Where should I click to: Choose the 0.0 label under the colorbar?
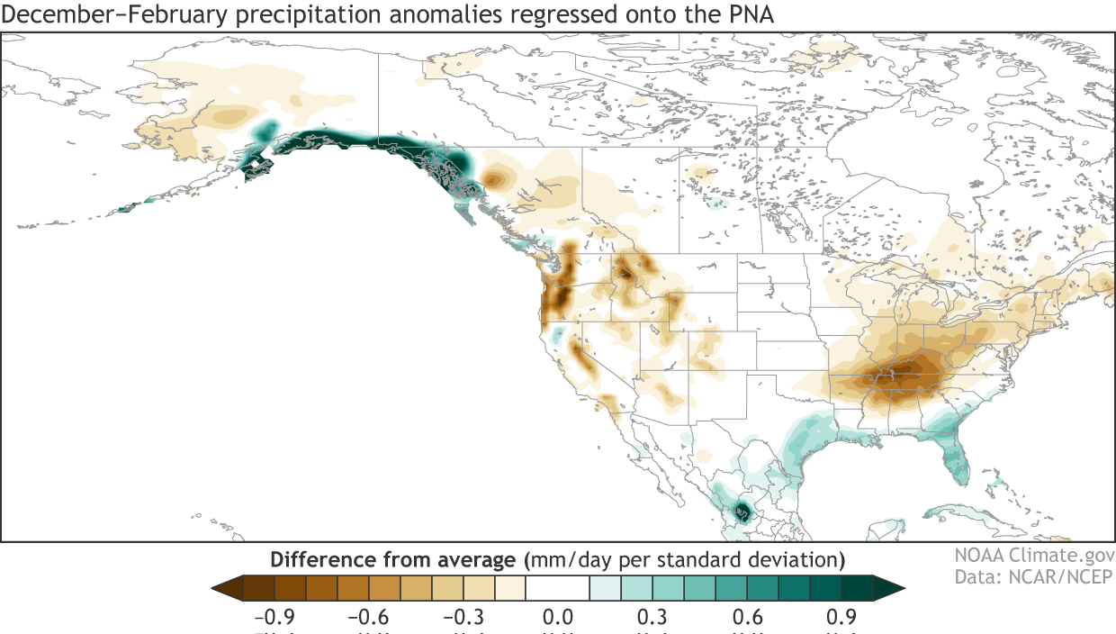pyautogui.click(x=559, y=618)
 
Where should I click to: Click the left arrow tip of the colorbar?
pyautogui.click(x=217, y=588)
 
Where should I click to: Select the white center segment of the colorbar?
pyautogui.click(x=558, y=588)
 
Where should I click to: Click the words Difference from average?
pyautogui.click(x=394, y=559)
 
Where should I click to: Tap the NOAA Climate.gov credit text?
pyautogui.click(x=1034, y=557)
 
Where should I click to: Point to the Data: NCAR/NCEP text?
pyautogui.click(x=1034, y=577)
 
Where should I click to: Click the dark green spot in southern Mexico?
pyautogui.click(x=743, y=512)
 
